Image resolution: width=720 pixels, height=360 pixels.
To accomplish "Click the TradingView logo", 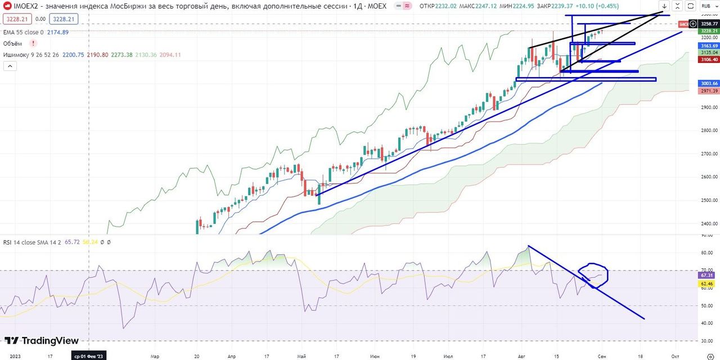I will (x=42, y=340).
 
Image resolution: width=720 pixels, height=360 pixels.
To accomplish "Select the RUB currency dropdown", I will (x=707, y=6).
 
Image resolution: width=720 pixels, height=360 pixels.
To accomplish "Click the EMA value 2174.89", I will (x=57, y=33).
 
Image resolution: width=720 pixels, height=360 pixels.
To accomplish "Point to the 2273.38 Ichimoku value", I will (x=122, y=55).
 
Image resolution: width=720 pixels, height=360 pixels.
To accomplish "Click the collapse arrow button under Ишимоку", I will (x=10, y=66).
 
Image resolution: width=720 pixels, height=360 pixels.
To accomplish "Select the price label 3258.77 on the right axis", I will (x=709, y=24).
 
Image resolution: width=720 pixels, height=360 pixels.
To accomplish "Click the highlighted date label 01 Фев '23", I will (x=89, y=356).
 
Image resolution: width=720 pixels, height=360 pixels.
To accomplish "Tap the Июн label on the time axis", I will (x=375, y=356).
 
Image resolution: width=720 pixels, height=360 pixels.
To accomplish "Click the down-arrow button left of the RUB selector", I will (x=664, y=6).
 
